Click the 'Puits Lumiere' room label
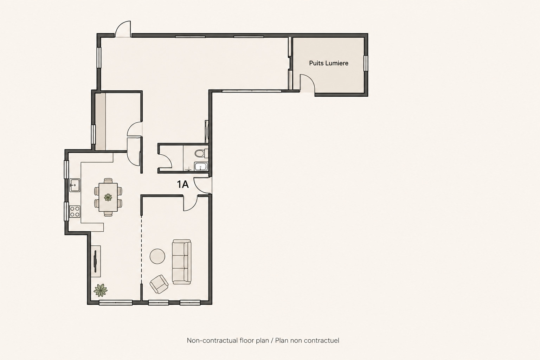[x=329, y=63]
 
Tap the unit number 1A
[x=183, y=185]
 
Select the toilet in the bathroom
[x=201, y=153]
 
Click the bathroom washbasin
[x=201, y=166]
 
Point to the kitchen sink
[x=75, y=185]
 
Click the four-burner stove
[x=75, y=212]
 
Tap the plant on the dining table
[x=108, y=198]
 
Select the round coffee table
[x=157, y=256]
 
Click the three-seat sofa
[x=182, y=262]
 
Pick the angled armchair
[x=159, y=284]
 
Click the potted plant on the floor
[x=101, y=290]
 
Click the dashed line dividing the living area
[x=142, y=250]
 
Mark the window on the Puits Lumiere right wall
[x=366, y=63]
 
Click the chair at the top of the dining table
[x=108, y=181]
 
